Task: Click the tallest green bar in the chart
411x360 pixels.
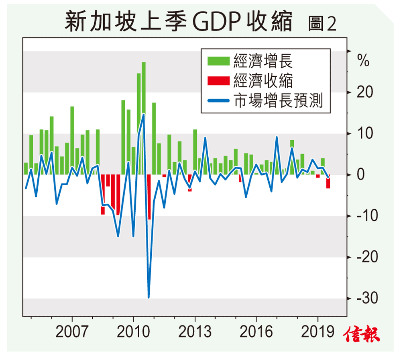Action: click(144, 118)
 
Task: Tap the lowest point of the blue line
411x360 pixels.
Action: click(149, 298)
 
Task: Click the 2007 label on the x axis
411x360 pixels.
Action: click(72, 332)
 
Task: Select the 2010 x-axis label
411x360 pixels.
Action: click(133, 332)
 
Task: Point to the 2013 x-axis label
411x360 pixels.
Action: click(195, 332)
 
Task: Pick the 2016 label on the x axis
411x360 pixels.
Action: click(256, 332)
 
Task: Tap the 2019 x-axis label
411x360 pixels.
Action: click(317, 332)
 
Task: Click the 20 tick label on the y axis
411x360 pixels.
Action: click(364, 92)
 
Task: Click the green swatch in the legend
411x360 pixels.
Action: click(218, 61)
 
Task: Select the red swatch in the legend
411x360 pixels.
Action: click(218, 81)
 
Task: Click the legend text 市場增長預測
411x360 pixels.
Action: click(278, 100)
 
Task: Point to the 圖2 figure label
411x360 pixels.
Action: click(322, 24)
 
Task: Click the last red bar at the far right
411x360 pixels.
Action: click(328, 182)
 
